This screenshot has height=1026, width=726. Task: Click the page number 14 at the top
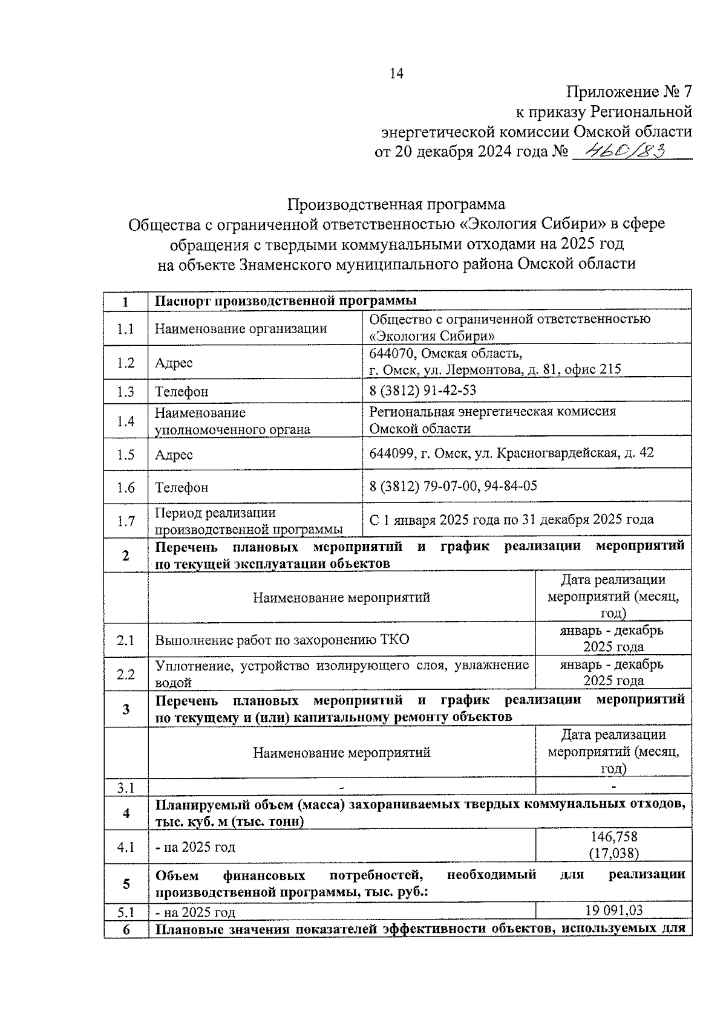(396, 74)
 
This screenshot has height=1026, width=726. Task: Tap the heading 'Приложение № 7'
(629, 93)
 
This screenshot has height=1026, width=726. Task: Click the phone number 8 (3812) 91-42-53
(422, 391)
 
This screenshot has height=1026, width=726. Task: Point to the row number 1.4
(126, 421)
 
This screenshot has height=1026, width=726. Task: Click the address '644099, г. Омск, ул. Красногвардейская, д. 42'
(511, 453)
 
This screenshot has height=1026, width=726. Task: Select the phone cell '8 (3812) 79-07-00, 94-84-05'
(453, 486)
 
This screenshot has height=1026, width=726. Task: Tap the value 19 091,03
(613, 911)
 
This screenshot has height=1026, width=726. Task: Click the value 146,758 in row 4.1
(613, 837)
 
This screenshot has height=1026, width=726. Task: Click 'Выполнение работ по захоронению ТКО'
(282, 640)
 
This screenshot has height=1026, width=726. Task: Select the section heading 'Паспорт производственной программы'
(286, 301)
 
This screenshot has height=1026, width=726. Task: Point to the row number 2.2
(126, 674)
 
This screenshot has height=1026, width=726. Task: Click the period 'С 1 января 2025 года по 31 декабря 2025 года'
(511, 519)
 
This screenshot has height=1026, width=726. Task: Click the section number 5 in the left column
(126, 884)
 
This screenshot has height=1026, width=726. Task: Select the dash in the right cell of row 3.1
(613, 787)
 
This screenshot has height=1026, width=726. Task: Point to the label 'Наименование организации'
(241, 328)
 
